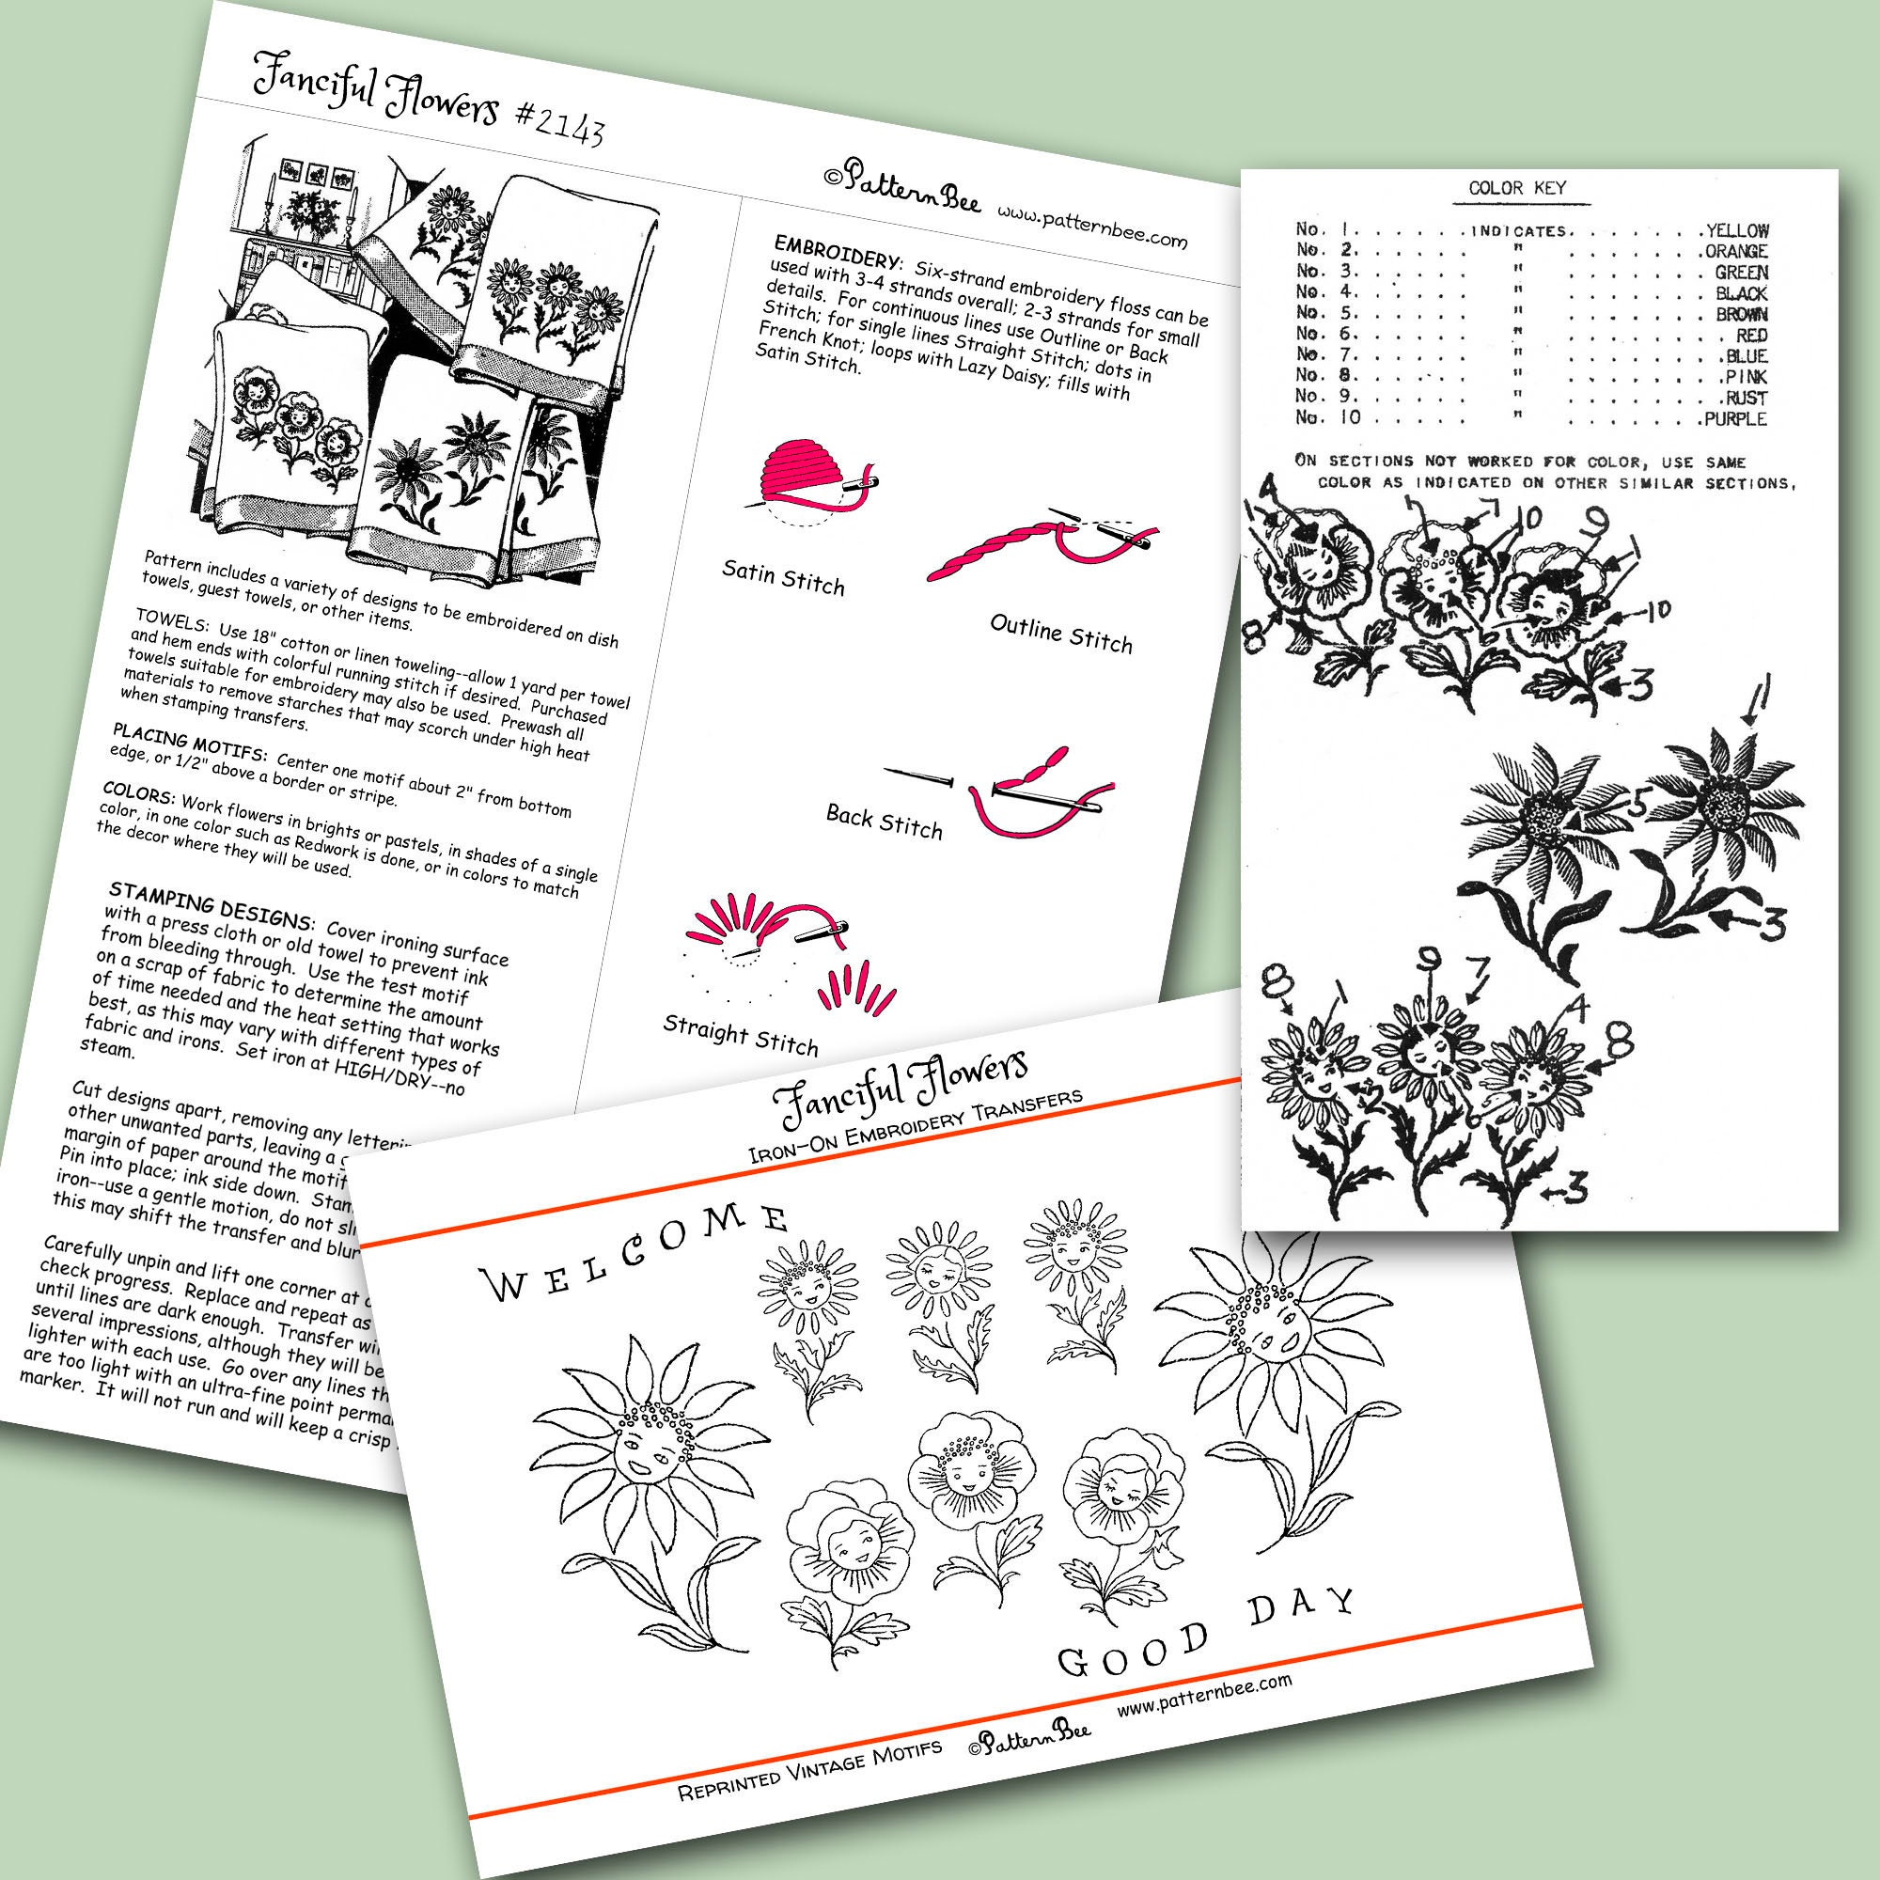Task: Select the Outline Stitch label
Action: point(1060,634)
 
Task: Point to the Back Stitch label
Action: point(884,822)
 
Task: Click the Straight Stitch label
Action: point(740,1035)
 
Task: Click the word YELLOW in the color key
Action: point(1737,231)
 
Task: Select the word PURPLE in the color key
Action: point(1735,419)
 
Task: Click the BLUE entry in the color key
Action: point(1747,356)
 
